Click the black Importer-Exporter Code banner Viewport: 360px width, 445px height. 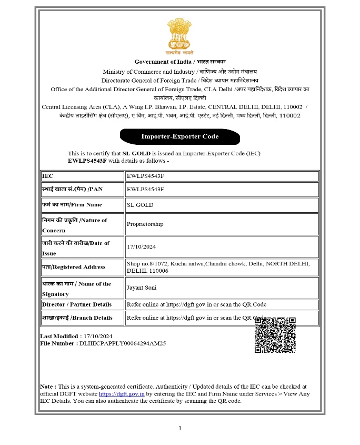pyautogui.click(x=180, y=137)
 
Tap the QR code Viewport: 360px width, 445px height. pyautogui.click(x=275, y=335)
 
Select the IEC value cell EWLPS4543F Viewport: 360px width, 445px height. pyautogui.click(x=145, y=176)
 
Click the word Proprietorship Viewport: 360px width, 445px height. pyautogui.click(x=145, y=224)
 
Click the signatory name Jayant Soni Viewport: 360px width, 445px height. pyautogui.click(x=142, y=288)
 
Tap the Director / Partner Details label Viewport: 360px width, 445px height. pyautogui.click(x=77, y=304)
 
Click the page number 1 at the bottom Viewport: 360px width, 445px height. pyautogui.click(x=180, y=428)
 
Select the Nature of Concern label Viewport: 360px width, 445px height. pyautogui.click(x=74, y=225)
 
